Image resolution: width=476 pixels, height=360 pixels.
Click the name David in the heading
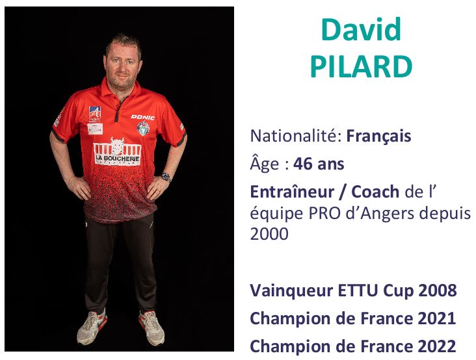point(361,29)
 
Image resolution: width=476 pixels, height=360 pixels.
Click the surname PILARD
point(362,66)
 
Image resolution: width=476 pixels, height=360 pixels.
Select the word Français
point(379,136)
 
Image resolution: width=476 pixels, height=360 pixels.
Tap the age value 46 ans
point(319,164)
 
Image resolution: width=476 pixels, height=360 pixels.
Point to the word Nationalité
point(293,136)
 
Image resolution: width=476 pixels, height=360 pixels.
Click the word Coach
point(375,192)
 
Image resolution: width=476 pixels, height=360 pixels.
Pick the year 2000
point(269,234)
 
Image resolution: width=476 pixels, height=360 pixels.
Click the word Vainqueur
point(291,290)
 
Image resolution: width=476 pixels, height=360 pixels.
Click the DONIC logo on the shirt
point(142,117)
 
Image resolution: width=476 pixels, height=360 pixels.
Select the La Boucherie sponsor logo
point(117,151)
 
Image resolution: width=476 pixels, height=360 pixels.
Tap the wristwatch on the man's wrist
point(166,177)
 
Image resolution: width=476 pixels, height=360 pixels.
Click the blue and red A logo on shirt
point(95,114)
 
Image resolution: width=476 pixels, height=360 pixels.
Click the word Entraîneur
point(292,192)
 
